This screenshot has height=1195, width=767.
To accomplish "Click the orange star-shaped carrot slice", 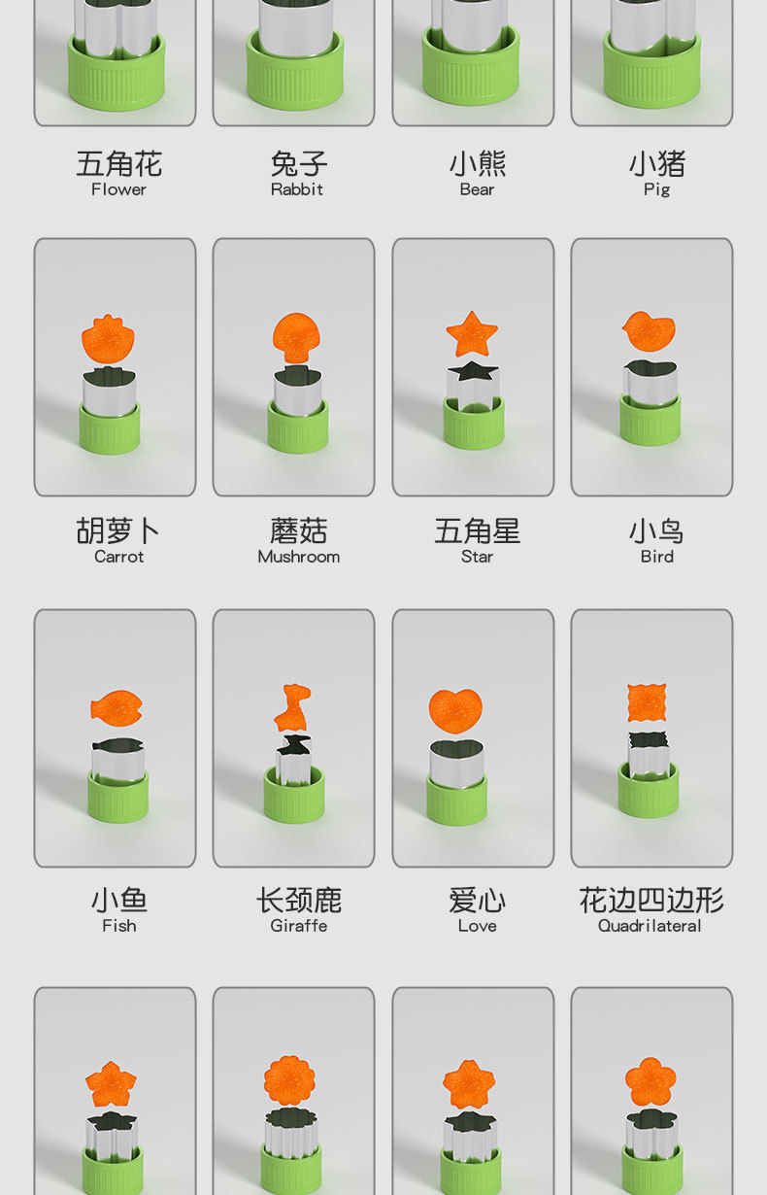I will [472, 335].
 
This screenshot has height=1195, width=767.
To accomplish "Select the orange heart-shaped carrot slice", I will [455, 710].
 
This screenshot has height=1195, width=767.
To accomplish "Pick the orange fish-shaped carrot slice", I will [117, 707].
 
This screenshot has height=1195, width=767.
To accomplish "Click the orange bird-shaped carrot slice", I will [649, 331].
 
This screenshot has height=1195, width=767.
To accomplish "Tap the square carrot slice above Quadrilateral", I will [647, 702].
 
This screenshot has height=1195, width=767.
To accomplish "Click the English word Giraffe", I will [298, 926].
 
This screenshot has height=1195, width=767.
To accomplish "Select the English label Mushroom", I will [298, 557].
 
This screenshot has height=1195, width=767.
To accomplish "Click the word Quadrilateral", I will [650, 926].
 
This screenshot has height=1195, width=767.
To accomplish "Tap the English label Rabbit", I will [296, 189].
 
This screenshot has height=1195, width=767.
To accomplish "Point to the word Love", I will [477, 926].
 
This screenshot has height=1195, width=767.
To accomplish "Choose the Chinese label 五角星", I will [477, 530].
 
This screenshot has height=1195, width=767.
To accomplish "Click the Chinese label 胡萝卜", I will [118, 530].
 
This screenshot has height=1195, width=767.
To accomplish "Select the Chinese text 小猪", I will [656, 163].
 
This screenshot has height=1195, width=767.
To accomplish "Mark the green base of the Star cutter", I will [473, 426].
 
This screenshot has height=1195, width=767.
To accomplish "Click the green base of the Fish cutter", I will [117, 798].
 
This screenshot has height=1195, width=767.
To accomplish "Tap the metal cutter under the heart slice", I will [455, 763].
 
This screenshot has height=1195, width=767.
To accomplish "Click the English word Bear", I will [477, 189].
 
